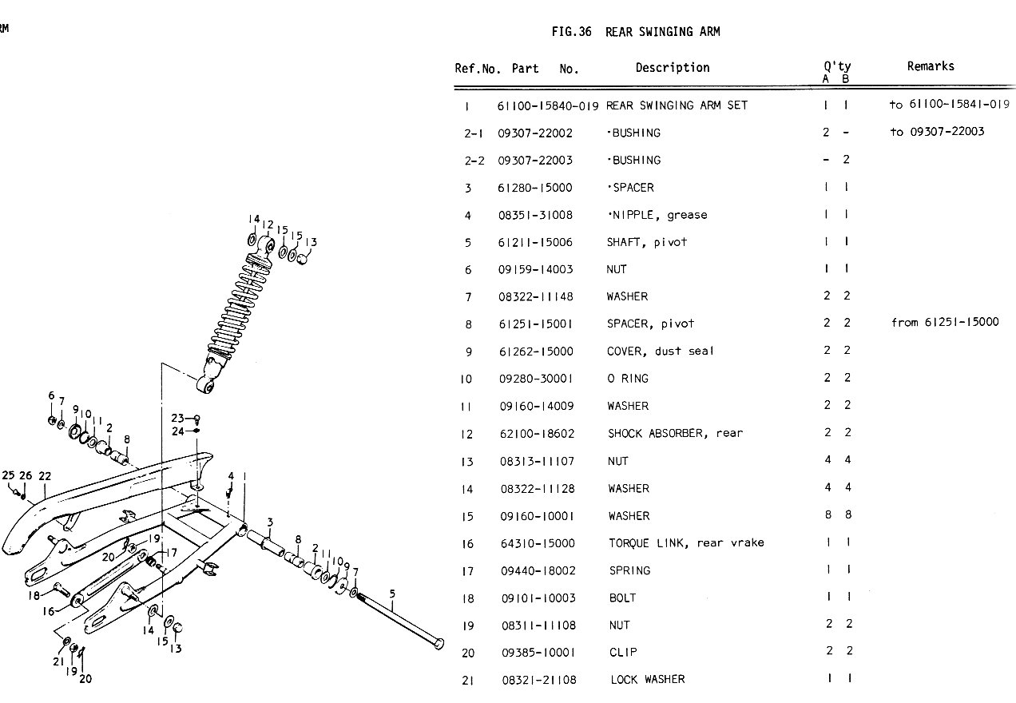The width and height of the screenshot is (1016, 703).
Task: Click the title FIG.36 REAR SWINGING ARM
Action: pos(635,32)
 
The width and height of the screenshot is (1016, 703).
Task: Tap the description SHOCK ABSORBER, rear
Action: pos(675,433)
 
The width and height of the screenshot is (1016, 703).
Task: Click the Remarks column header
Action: pos(931,67)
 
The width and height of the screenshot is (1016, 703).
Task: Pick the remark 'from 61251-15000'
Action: pos(945,324)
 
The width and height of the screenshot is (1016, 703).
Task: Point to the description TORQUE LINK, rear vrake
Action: pos(686,543)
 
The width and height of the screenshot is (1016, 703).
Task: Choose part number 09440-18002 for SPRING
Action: pos(536,571)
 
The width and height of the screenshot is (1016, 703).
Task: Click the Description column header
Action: pos(673,68)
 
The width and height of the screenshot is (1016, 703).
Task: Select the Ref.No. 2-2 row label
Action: pos(474,161)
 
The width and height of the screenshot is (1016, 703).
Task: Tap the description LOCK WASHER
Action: pos(647,680)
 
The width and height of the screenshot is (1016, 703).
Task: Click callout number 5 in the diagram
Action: pos(392,594)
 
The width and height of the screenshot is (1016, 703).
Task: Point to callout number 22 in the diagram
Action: pos(45,476)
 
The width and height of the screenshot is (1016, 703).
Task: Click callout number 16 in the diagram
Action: pos(49,612)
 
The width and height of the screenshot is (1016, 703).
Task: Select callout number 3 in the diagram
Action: pos(271,523)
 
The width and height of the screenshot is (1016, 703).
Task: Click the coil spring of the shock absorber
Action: pos(234,308)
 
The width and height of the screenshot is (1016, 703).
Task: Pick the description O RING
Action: pos(628,379)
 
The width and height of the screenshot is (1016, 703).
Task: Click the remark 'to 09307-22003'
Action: pos(937,133)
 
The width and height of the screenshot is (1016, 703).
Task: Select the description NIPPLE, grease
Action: pos(657,215)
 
